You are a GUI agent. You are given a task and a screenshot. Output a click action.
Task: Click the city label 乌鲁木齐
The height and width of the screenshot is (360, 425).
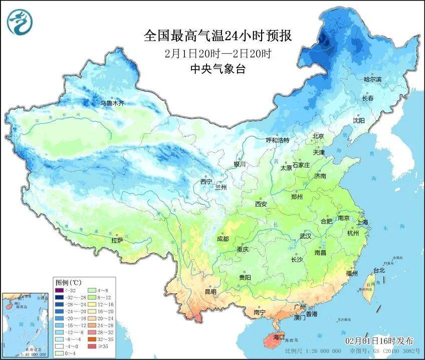(x=112, y=103)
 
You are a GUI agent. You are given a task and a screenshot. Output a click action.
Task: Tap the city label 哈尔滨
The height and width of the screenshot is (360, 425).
(x=372, y=80)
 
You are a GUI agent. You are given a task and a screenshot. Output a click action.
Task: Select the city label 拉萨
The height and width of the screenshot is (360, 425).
(x=117, y=241)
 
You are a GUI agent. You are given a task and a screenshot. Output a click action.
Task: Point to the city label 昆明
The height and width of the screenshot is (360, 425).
(x=210, y=292)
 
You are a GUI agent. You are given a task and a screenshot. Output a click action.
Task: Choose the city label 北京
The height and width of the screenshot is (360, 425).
(x=318, y=136)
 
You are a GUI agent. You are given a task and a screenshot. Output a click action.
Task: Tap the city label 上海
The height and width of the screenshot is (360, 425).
(x=362, y=222)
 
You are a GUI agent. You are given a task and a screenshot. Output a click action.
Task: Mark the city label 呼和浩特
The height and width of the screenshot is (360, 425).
(x=278, y=140)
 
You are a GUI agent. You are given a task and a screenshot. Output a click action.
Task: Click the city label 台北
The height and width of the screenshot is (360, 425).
(x=378, y=270)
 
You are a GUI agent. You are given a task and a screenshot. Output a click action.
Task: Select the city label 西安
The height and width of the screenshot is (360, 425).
(x=261, y=204)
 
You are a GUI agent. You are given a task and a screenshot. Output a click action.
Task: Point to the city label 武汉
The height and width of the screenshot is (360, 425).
(x=305, y=236)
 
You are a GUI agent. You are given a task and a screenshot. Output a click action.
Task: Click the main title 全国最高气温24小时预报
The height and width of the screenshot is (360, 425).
(x=218, y=36)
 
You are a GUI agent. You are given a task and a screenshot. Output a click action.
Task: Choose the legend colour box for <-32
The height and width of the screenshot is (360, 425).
(x=60, y=290)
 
